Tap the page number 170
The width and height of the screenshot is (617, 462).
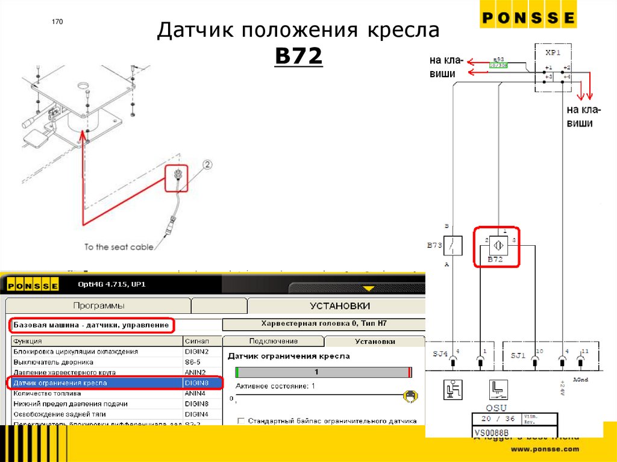pos(57,22)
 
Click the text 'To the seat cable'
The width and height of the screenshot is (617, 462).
pos(119,247)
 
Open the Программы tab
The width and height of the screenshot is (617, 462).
pos(99,306)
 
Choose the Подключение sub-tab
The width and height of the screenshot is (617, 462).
pos(273,341)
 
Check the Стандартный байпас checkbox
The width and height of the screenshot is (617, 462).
pos(242,420)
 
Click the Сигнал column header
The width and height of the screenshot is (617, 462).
pos(196,341)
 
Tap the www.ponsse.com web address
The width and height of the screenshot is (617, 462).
pos(545,449)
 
